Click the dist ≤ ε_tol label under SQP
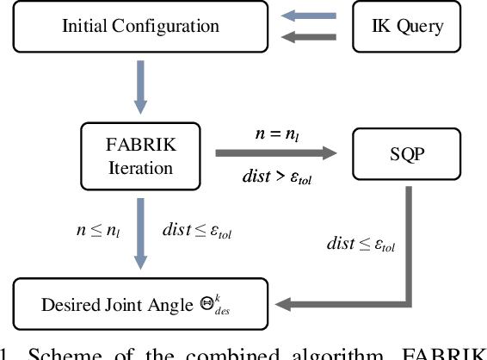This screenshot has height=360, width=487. tap(361, 245)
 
